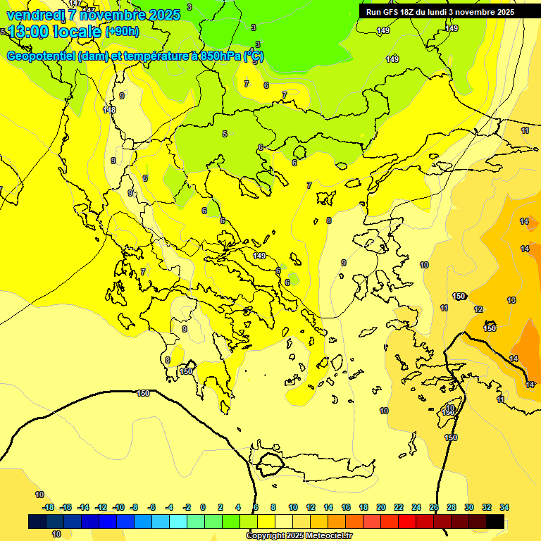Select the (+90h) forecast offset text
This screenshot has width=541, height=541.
click(x=122, y=31)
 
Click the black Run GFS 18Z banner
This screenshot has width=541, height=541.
click(x=440, y=11)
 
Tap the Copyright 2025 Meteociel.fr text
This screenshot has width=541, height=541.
click(x=299, y=535)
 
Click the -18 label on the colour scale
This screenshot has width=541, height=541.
click(x=48, y=507)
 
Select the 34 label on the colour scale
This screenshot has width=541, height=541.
click(x=504, y=507)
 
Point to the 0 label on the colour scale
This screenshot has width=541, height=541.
click(x=203, y=507)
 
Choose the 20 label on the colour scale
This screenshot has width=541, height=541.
click(x=381, y=507)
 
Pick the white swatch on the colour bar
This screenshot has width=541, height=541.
click(x=284, y=521)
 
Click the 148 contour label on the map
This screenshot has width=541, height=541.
click(x=109, y=110)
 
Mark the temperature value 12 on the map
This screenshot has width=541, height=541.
click(x=478, y=309)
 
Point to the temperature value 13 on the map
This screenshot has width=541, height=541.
click(x=511, y=300)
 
